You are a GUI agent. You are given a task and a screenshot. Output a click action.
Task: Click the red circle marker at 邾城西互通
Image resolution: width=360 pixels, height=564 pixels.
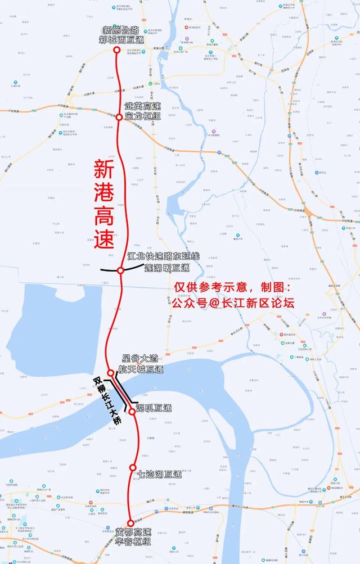coord(117,50)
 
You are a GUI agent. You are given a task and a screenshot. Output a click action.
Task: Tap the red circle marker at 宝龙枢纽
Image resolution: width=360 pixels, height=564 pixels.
coord(119,117)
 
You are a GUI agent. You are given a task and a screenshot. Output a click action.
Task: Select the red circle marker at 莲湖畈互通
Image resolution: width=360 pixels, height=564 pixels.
coord(120,271)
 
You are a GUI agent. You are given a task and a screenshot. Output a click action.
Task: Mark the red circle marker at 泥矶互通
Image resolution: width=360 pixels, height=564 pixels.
coord(131,412)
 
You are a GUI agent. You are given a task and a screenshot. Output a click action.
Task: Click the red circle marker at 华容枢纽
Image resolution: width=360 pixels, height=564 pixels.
coord(130,523)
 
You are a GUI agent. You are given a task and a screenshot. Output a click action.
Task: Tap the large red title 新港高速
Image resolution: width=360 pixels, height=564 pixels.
coord(103,205)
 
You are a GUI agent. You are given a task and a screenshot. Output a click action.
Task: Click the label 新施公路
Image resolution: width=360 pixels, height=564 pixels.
coord(120,30)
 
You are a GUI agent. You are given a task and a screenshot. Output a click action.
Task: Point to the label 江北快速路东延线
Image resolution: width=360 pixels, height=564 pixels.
coord(163,256)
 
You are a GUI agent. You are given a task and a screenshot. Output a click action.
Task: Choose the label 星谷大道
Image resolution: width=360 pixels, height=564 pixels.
coord(138,359)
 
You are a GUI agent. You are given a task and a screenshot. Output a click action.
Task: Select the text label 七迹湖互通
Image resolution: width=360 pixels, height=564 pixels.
coord(160,475)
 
